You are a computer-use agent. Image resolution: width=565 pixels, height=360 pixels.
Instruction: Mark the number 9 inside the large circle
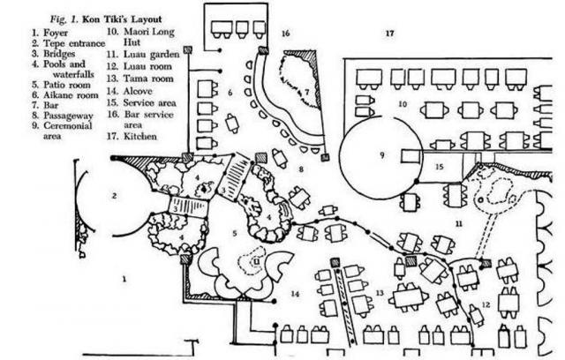tap(383, 155)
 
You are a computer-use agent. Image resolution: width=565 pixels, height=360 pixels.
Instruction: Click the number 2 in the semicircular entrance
tap(115, 195)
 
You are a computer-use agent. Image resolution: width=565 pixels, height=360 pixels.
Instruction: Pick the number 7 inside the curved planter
tap(307, 91)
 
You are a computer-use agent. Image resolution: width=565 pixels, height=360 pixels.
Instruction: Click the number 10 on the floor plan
tap(401, 104)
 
